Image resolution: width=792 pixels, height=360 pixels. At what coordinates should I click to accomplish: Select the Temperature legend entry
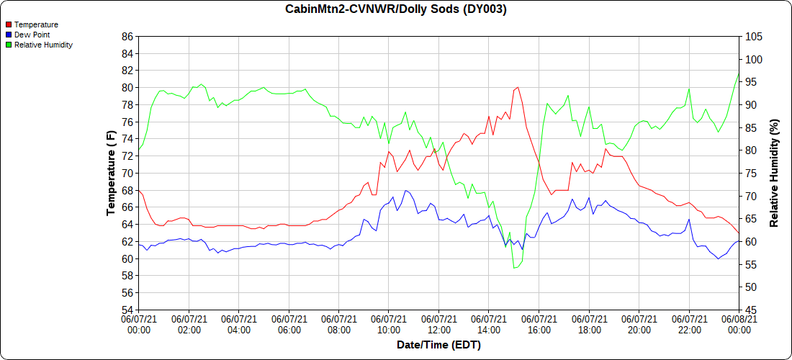[36, 24]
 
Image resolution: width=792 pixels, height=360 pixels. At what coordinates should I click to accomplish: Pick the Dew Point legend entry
[32, 35]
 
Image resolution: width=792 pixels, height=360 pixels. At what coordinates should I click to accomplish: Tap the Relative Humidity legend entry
[43, 45]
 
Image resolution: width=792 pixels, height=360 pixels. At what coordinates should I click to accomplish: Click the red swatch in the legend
[9, 24]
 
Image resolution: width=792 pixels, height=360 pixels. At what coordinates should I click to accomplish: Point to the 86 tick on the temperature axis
[127, 36]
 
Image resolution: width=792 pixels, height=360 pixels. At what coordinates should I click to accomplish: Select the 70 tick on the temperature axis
[127, 173]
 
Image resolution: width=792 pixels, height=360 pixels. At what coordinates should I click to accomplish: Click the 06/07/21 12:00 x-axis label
[439, 324]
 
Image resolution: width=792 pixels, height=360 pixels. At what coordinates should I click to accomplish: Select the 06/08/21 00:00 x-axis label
[739, 324]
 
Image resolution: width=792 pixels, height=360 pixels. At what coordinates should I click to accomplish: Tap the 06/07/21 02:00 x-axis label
[189, 324]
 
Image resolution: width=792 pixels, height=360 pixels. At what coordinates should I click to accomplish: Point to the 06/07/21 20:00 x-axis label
[639, 324]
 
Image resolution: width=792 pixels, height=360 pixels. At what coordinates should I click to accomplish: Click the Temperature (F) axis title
[111, 173]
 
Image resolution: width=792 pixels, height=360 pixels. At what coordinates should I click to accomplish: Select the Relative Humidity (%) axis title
[775, 173]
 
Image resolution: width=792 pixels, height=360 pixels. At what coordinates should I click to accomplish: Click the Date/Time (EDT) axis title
[438, 345]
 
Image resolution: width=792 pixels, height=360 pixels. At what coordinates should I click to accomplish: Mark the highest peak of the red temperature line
[518, 87]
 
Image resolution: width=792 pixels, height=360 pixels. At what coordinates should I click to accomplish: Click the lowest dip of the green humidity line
[514, 268]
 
